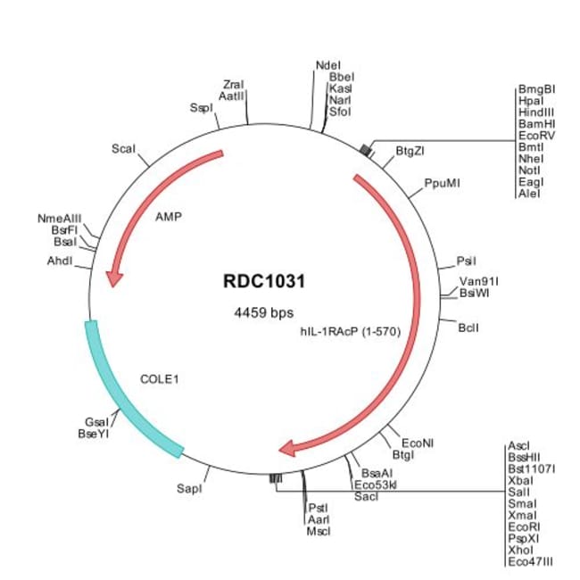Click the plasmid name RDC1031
pos(264,280)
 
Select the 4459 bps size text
pos(262,313)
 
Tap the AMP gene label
pos(169,216)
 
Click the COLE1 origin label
pos(161,378)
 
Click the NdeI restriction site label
pos(328,65)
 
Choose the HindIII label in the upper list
pos(535,112)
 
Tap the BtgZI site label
pos(410,151)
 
